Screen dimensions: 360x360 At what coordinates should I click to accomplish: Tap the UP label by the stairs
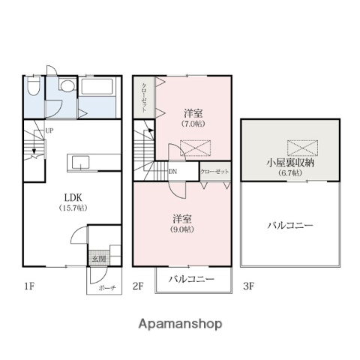pos(49,130)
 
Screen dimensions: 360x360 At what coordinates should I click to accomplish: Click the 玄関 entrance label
pos(99,259)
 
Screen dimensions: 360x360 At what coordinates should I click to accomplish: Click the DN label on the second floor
pos(172,170)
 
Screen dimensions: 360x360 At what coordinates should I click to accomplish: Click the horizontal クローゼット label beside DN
pos(214,171)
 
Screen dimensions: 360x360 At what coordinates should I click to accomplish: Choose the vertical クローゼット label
pos(144,96)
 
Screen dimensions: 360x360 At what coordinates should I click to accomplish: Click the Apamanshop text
pos(180,325)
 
